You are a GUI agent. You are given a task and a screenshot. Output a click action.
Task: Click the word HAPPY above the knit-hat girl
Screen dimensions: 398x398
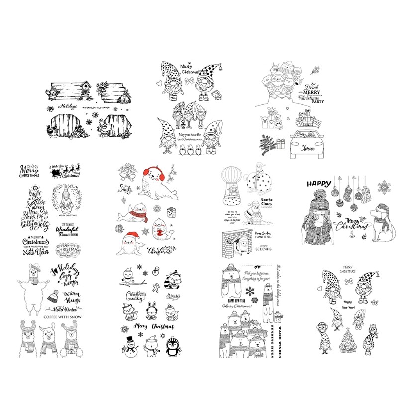click(x=318, y=183)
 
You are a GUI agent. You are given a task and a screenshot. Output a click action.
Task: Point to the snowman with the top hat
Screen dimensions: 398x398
click(x=131, y=344)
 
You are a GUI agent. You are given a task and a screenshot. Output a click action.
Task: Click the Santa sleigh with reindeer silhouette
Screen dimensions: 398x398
click(x=65, y=172)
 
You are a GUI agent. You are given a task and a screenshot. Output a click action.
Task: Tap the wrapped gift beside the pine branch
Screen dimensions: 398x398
click(x=279, y=144)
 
